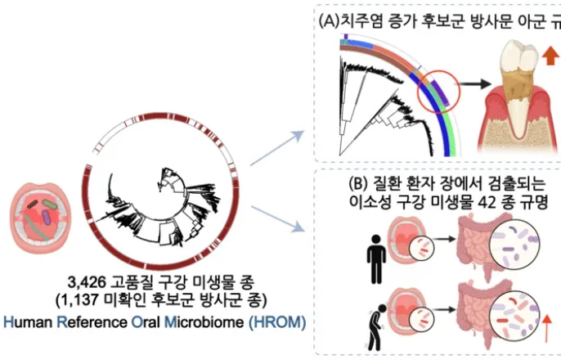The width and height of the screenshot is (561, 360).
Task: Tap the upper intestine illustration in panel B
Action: coord(469,245)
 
